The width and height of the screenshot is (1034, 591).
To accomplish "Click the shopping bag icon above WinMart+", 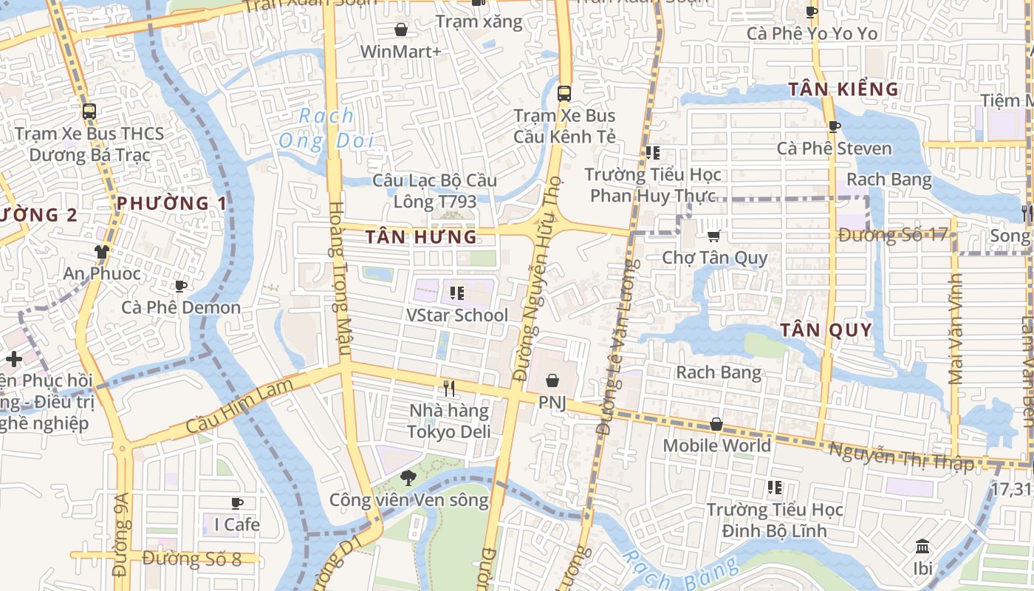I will click(401, 30).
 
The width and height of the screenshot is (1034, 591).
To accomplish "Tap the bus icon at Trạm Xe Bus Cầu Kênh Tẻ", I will click(564, 94).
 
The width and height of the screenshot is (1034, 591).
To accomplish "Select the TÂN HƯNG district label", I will click(421, 237).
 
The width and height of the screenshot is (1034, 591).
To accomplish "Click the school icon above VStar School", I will click(456, 293).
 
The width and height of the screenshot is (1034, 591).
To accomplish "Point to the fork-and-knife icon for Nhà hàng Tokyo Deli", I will click(448, 388).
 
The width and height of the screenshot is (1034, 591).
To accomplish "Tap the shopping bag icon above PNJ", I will click(552, 380).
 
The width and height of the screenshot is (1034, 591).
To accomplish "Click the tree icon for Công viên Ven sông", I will click(408, 478).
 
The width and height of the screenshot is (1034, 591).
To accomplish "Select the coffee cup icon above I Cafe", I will click(237, 503).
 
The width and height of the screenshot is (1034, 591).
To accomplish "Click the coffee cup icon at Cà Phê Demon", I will click(180, 286).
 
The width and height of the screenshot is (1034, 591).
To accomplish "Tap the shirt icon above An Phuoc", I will click(101, 252).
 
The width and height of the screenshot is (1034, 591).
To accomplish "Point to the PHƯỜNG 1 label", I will click(171, 203).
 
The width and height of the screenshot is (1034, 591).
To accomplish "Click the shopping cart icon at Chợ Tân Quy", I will click(713, 236).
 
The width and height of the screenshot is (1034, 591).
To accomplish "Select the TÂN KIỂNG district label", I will click(843, 89).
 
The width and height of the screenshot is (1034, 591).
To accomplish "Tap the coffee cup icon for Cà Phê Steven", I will click(834, 127).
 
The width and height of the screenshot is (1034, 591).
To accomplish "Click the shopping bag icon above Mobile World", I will click(716, 424).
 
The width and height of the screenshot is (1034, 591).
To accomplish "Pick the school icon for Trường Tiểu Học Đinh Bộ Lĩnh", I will click(774, 488).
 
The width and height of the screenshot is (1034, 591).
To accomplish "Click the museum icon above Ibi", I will click(922, 547).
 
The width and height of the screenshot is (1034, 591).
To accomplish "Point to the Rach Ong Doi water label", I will click(326, 128).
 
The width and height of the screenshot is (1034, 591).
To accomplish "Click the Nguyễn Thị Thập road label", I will click(901, 456).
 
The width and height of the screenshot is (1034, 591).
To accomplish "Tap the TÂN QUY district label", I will click(826, 329).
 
